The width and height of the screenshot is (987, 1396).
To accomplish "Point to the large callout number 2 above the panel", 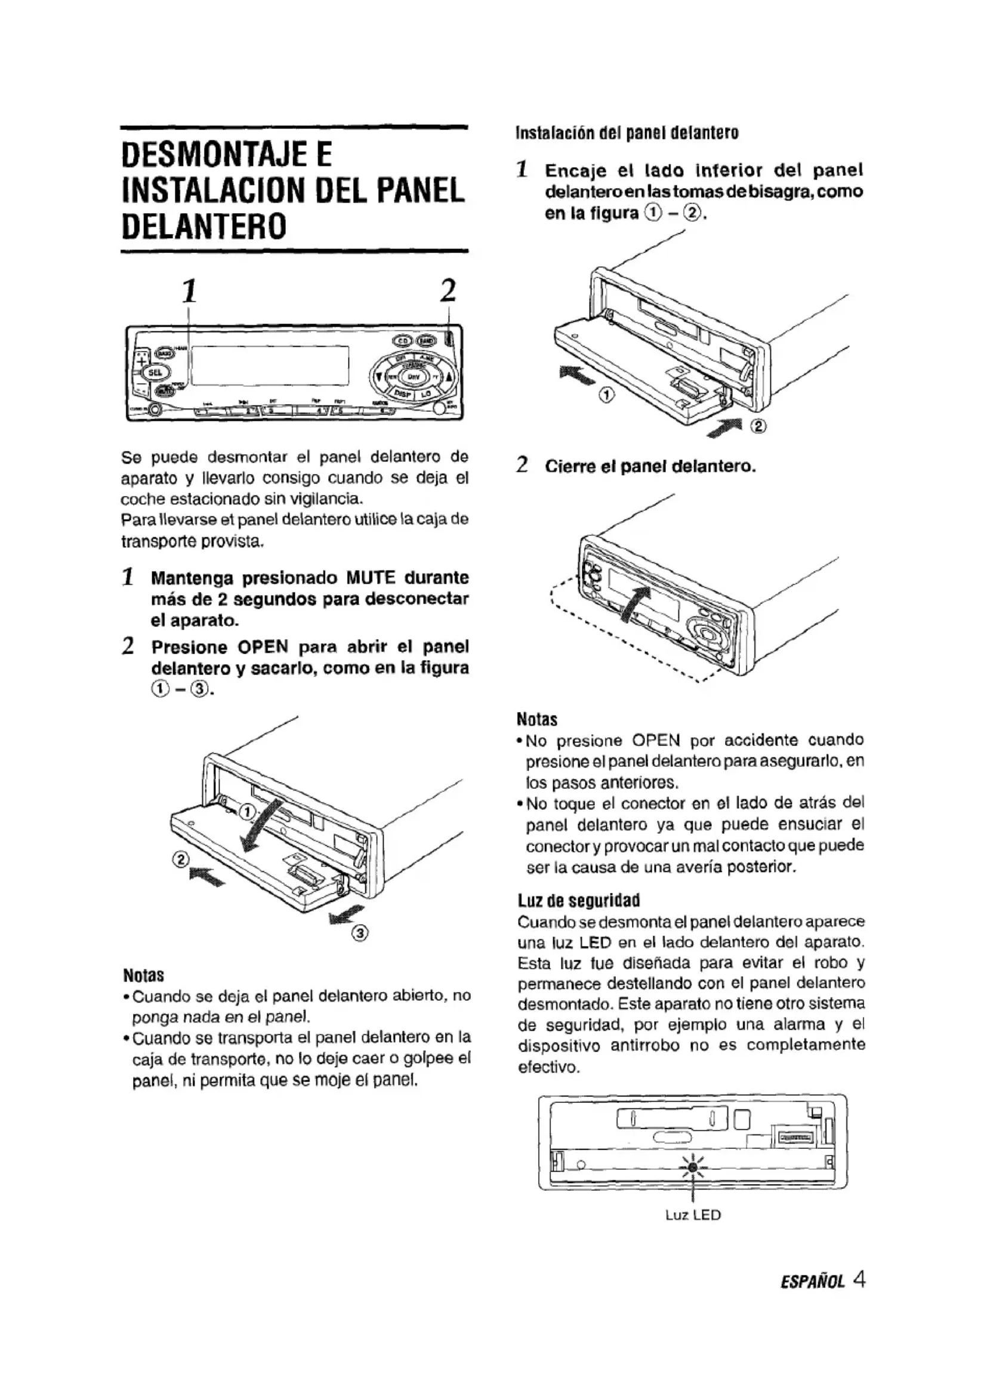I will (x=448, y=291).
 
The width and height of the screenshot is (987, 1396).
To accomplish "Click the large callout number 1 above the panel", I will (x=190, y=291).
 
